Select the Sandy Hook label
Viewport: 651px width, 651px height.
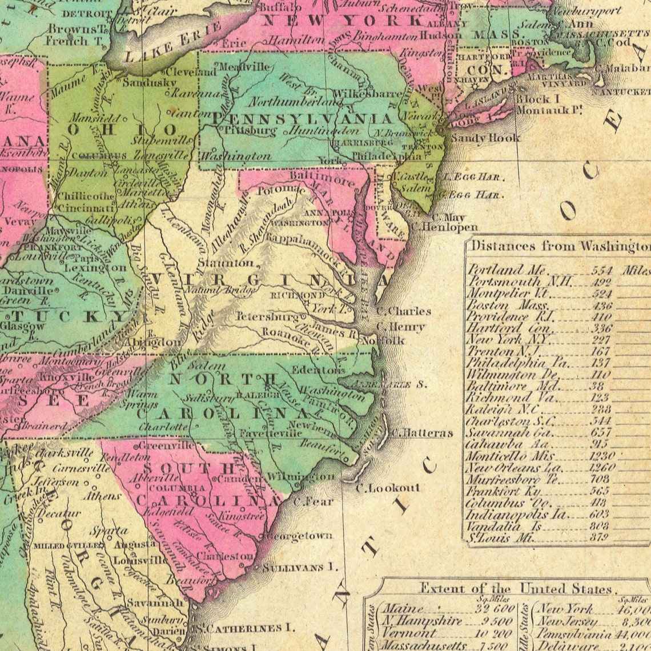pos(485,138)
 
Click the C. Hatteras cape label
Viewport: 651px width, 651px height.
pos(422,433)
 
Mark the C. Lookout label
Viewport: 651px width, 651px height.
pos(388,488)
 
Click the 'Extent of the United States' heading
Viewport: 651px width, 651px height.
pos(516,589)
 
